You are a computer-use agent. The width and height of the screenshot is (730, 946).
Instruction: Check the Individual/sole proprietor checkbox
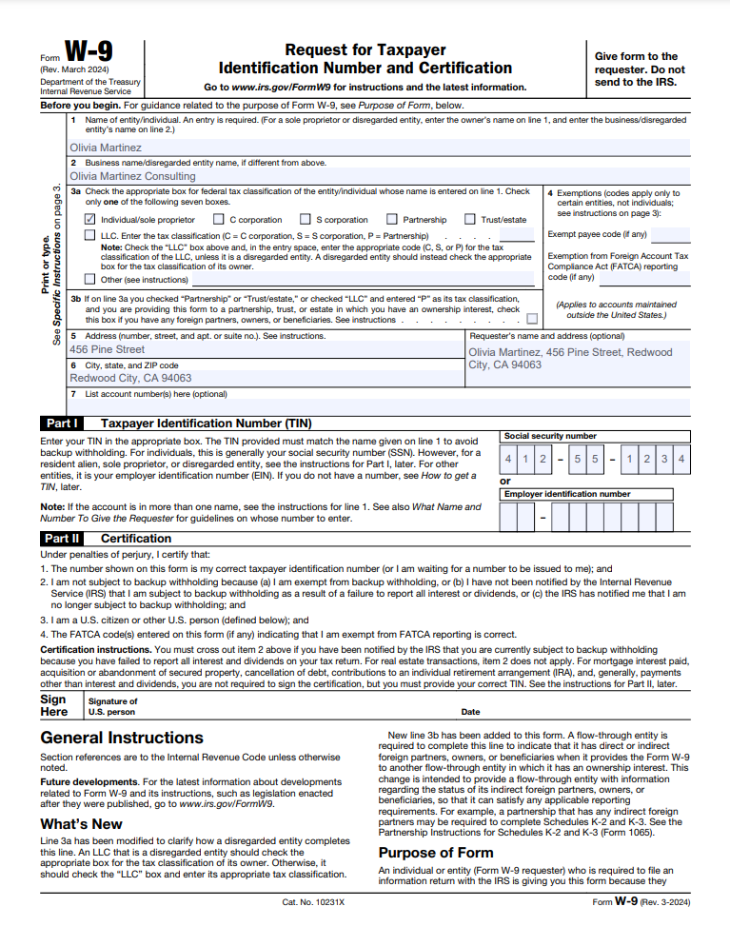(89, 219)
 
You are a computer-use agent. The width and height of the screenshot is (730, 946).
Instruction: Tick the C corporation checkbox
(218, 219)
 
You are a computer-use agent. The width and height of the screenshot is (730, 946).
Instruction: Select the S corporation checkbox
(305, 219)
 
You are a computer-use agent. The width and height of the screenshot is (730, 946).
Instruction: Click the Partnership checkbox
(391, 219)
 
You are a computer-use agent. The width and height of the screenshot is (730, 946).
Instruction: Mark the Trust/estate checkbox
(469, 219)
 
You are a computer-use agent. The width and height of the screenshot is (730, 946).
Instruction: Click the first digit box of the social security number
(509, 460)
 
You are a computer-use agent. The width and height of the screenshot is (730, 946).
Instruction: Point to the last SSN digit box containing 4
(681, 460)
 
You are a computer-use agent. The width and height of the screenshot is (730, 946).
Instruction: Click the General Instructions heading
(122, 738)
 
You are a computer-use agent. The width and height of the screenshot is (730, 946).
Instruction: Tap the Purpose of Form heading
(436, 852)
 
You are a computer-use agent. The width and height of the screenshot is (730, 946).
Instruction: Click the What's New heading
(81, 823)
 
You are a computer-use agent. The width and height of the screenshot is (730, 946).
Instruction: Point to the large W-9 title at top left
(89, 51)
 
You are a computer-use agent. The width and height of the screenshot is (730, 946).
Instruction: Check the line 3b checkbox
(531, 319)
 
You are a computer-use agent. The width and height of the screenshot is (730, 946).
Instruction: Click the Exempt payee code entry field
(670, 235)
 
